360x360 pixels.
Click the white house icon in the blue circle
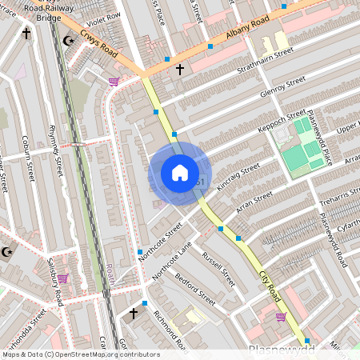tap(180, 172)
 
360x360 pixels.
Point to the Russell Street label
tap(218, 269)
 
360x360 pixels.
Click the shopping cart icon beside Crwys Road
tap(114, 81)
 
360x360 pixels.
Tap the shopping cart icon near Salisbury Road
tap(62, 278)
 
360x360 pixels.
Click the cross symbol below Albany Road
tap(179, 70)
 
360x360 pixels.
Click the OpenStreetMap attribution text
tap(80, 354)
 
